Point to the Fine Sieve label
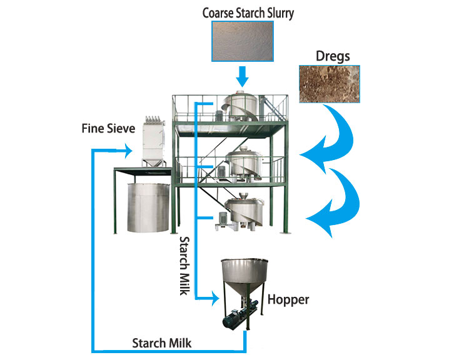point(101,129)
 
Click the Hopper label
point(288,299)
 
